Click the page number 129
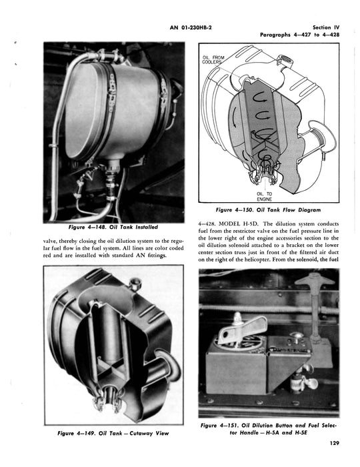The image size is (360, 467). point(335,443)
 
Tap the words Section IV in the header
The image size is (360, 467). point(326,27)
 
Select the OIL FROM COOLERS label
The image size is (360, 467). point(213,59)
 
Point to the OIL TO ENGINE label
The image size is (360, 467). point(264,197)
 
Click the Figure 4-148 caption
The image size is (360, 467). point(113,227)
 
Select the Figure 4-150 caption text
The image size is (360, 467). point(269,210)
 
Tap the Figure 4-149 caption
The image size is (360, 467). point(113,433)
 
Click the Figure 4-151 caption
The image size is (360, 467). point(269,428)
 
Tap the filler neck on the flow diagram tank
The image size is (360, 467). point(285,61)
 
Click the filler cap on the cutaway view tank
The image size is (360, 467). point(135,283)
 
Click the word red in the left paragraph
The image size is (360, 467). point(47,256)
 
